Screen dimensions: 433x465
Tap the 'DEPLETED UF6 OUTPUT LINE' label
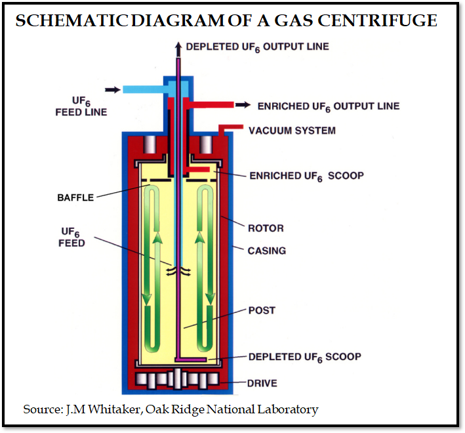point(258,47)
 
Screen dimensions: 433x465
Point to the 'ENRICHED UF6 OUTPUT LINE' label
point(328,106)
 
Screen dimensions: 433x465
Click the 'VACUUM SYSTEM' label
point(292,131)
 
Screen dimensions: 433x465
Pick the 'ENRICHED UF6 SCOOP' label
point(306,176)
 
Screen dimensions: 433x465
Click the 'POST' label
point(262,310)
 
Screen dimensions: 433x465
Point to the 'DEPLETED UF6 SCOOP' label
point(304,357)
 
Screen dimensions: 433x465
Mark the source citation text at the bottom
point(171,409)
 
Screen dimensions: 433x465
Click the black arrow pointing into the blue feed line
point(112,89)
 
